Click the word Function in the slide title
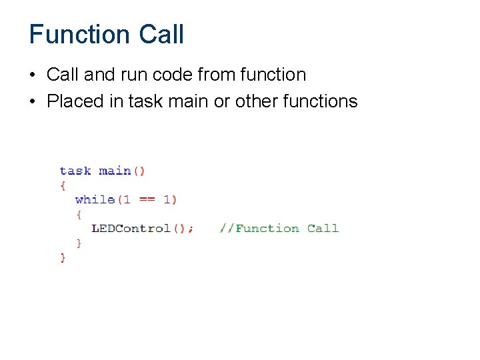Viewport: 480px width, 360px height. click(79, 35)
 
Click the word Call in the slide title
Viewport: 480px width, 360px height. click(161, 35)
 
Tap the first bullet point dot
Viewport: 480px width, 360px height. click(33, 75)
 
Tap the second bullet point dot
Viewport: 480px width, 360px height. click(33, 101)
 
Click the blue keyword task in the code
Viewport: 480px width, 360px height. click(75, 171)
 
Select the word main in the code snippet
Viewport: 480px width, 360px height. click(115, 171)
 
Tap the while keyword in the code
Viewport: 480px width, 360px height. click(95, 199)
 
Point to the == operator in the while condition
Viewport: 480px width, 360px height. click(147, 199)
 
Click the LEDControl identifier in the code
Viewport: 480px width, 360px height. click(131, 229)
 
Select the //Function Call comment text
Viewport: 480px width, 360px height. click(279, 229)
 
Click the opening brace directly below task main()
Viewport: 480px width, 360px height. click(63, 185)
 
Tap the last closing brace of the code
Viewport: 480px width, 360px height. click(63, 257)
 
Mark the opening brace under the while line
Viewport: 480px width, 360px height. click(79, 214)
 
